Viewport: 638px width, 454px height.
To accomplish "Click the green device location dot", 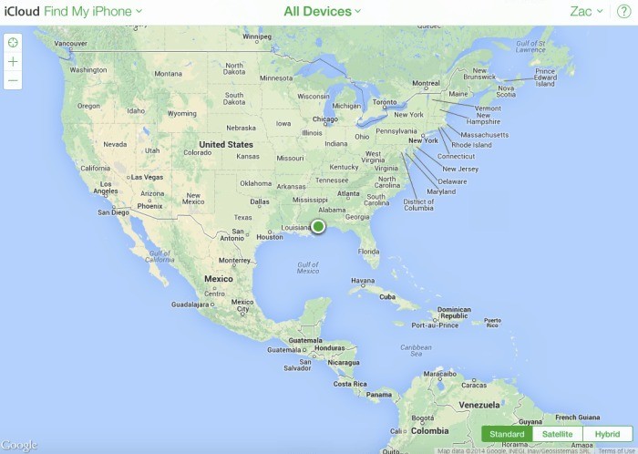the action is click(318, 226).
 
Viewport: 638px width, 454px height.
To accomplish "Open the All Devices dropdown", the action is click(322, 12).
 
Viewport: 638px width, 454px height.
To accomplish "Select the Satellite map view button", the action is click(557, 434).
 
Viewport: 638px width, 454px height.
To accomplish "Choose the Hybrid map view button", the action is click(607, 434).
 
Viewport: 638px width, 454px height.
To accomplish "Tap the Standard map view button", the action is click(507, 434).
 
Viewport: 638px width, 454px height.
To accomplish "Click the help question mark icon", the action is click(623, 12).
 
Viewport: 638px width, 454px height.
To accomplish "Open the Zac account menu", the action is click(586, 12).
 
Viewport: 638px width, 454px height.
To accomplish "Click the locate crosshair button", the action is click(13, 42).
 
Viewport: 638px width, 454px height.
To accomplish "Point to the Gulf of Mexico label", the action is click(308, 267).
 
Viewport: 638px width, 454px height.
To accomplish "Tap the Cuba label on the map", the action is click(386, 296).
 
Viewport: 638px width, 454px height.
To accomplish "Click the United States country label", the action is click(225, 144).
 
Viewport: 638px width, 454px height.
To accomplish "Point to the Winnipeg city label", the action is click(258, 37).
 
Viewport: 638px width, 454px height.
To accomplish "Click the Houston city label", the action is click(270, 237).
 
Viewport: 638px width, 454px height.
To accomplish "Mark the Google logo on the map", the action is click(18, 445).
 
